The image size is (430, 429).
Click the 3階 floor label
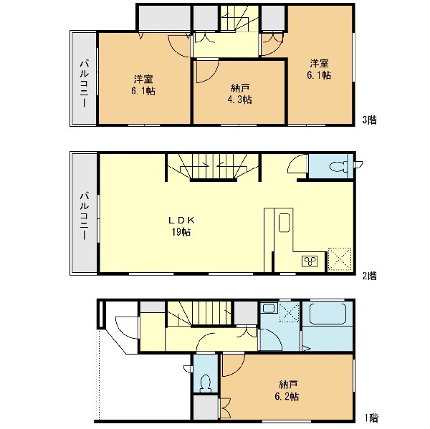[x=369, y=120]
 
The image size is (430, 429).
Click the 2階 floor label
[x=369, y=276]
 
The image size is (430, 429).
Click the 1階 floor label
[x=371, y=418]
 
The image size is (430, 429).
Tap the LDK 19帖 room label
[x=181, y=226]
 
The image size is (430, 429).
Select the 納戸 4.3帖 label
[x=239, y=94]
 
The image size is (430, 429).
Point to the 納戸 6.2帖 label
[x=287, y=390]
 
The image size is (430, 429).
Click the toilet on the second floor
[x=338, y=167]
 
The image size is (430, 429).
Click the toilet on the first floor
[x=205, y=383]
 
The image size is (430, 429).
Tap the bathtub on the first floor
[x=328, y=314]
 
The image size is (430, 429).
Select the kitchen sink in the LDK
[x=284, y=223]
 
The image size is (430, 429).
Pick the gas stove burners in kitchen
[x=310, y=261]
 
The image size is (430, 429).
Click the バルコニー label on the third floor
[x=85, y=83]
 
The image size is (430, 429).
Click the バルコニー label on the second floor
[x=85, y=216]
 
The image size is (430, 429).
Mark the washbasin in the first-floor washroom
[x=269, y=308]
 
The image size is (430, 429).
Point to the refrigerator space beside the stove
[x=340, y=259]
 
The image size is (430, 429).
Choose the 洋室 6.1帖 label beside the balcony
[x=143, y=85]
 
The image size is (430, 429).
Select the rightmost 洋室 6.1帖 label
[x=319, y=69]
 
